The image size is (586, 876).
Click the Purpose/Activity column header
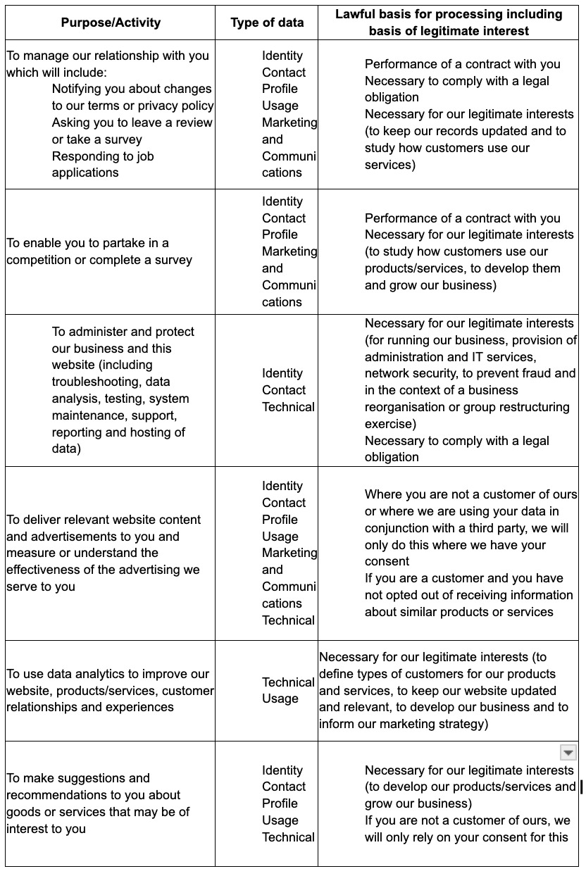click(x=111, y=23)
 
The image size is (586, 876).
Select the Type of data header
click(x=267, y=23)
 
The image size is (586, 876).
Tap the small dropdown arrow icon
click(x=568, y=753)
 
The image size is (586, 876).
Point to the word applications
click(x=85, y=173)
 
